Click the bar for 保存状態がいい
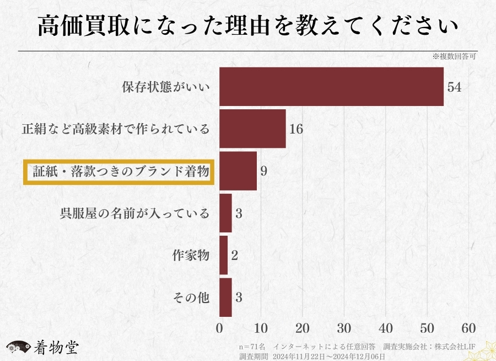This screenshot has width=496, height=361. [x=331, y=87]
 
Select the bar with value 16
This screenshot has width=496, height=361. [x=252, y=129]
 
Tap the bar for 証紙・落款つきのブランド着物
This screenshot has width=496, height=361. [x=238, y=171]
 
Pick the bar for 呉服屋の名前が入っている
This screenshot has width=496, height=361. [x=225, y=213]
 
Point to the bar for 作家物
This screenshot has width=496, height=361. [x=223, y=255]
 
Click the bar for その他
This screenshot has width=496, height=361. [x=225, y=298]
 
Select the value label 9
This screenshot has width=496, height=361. [x=264, y=171]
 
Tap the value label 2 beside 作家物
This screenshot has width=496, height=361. [x=234, y=256]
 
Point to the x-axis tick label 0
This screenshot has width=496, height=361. [x=219, y=327]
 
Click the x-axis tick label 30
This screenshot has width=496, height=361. [x=344, y=327]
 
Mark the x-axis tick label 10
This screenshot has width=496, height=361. [x=261, y=327]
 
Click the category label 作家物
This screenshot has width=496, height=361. [x=191, y=256]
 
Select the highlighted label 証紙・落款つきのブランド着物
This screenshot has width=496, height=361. [x=118, y=172]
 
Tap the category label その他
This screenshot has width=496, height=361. [x=191, y=298]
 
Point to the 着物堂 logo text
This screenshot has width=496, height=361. [x=56, y=347]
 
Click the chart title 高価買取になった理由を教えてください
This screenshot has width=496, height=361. [x=248, y=26]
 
